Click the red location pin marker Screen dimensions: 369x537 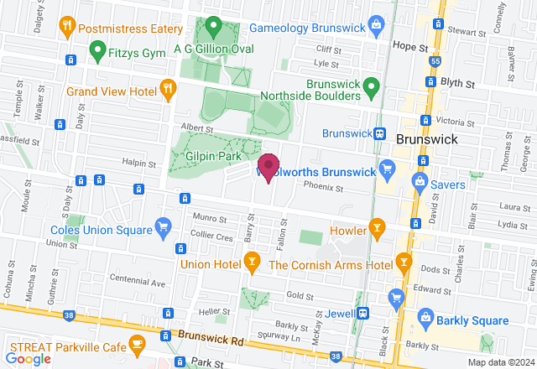click(x=268, y=166)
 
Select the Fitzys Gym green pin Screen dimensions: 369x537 click(x=98, y=51)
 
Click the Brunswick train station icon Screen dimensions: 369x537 click(x=379, y=134)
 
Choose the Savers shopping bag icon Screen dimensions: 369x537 click(x=417, y=182)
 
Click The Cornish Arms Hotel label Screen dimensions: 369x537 click(x=331, y=265)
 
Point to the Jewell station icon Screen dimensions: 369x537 click(x=362, y=313)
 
